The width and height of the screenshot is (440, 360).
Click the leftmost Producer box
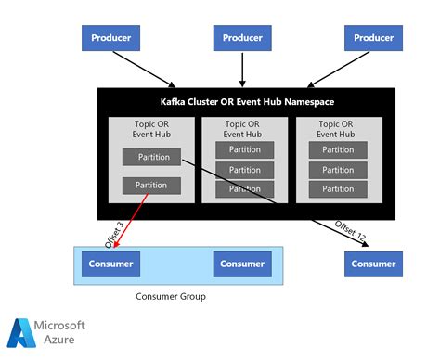[111, 38]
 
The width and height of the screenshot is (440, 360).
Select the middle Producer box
[241, 38]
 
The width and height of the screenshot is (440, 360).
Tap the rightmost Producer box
[373, 38]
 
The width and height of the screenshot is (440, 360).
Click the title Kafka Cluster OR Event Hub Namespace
[246, 101]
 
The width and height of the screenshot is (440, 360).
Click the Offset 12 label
[350, 232]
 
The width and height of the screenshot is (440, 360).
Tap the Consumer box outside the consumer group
[373, 264]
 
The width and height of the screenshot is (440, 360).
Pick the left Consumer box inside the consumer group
[110, 264]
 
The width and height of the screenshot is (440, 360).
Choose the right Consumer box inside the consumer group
[241, 264]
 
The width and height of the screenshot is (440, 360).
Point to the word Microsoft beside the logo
[60, 326]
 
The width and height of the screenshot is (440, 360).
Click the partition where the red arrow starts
[151, 186]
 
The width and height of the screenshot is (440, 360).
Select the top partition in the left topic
[151, 157]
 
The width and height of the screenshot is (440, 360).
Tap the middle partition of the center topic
[246, 170]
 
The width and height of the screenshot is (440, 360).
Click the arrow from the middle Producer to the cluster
[241, 70]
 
